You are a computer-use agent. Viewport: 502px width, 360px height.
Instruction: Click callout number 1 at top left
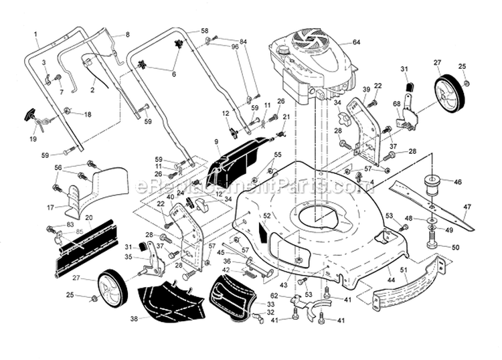(35, 33)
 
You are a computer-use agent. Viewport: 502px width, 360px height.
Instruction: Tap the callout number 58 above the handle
(204, 31)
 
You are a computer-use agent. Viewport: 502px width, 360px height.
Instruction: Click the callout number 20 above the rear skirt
(88, 217)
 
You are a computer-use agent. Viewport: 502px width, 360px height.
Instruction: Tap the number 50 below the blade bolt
(455, 247)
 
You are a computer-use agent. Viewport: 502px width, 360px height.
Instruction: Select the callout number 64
(356, 42)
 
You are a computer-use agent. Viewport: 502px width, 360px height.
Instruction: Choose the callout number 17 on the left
(50, 207)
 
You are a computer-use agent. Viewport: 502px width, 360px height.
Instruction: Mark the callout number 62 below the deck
(274, 295)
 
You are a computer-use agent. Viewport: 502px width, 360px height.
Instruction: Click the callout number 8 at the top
(127, 33)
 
